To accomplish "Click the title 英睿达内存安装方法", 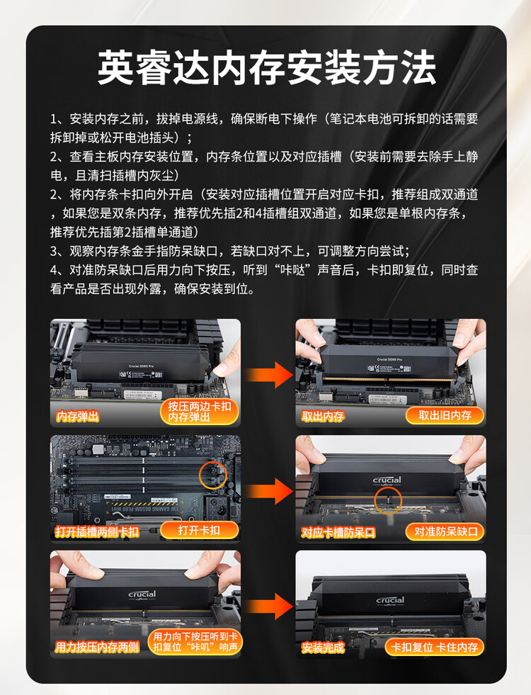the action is (x=267, y=67).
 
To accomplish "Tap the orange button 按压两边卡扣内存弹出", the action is (x=199, y=412).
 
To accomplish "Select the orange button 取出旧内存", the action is (x=445, y=415).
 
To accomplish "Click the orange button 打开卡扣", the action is (x=199, y=530).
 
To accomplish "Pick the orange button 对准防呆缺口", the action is (x=445, y=531).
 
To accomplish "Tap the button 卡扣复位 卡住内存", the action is (x=435, y=647).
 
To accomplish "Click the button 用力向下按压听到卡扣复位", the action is (x=195, y=642).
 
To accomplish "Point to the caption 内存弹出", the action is (x=77, y=416).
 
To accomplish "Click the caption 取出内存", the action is (x=323, y=416).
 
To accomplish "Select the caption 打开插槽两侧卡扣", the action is (x=97, y=531).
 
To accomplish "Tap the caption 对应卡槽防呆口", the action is (x=338, y=532).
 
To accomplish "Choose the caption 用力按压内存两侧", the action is (x=97, y=647).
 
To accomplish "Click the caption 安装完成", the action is (x=323, y=648).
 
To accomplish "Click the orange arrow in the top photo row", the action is (x=269, y=375).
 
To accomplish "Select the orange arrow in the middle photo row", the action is (x=269, y=491).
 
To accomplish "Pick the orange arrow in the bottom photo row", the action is (x=269, y=606).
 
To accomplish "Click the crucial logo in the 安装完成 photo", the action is (x=390, y=601).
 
